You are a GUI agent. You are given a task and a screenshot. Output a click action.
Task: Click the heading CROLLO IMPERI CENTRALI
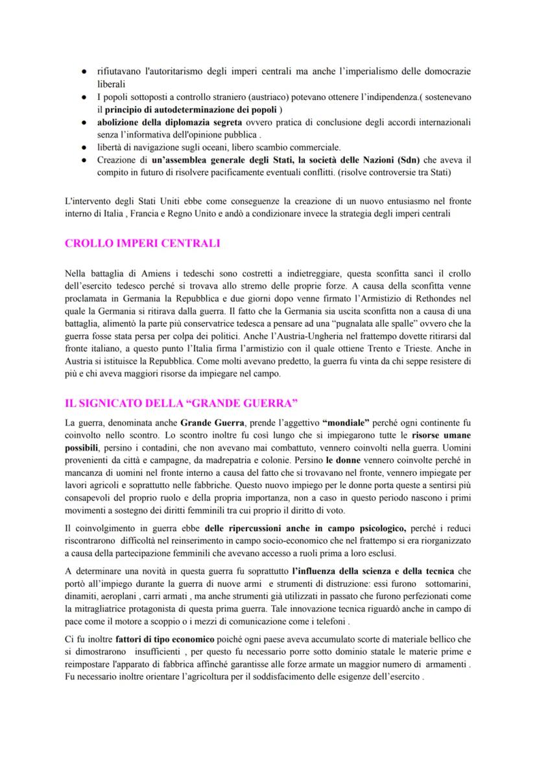pyautogui.click(x=143, y=243)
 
